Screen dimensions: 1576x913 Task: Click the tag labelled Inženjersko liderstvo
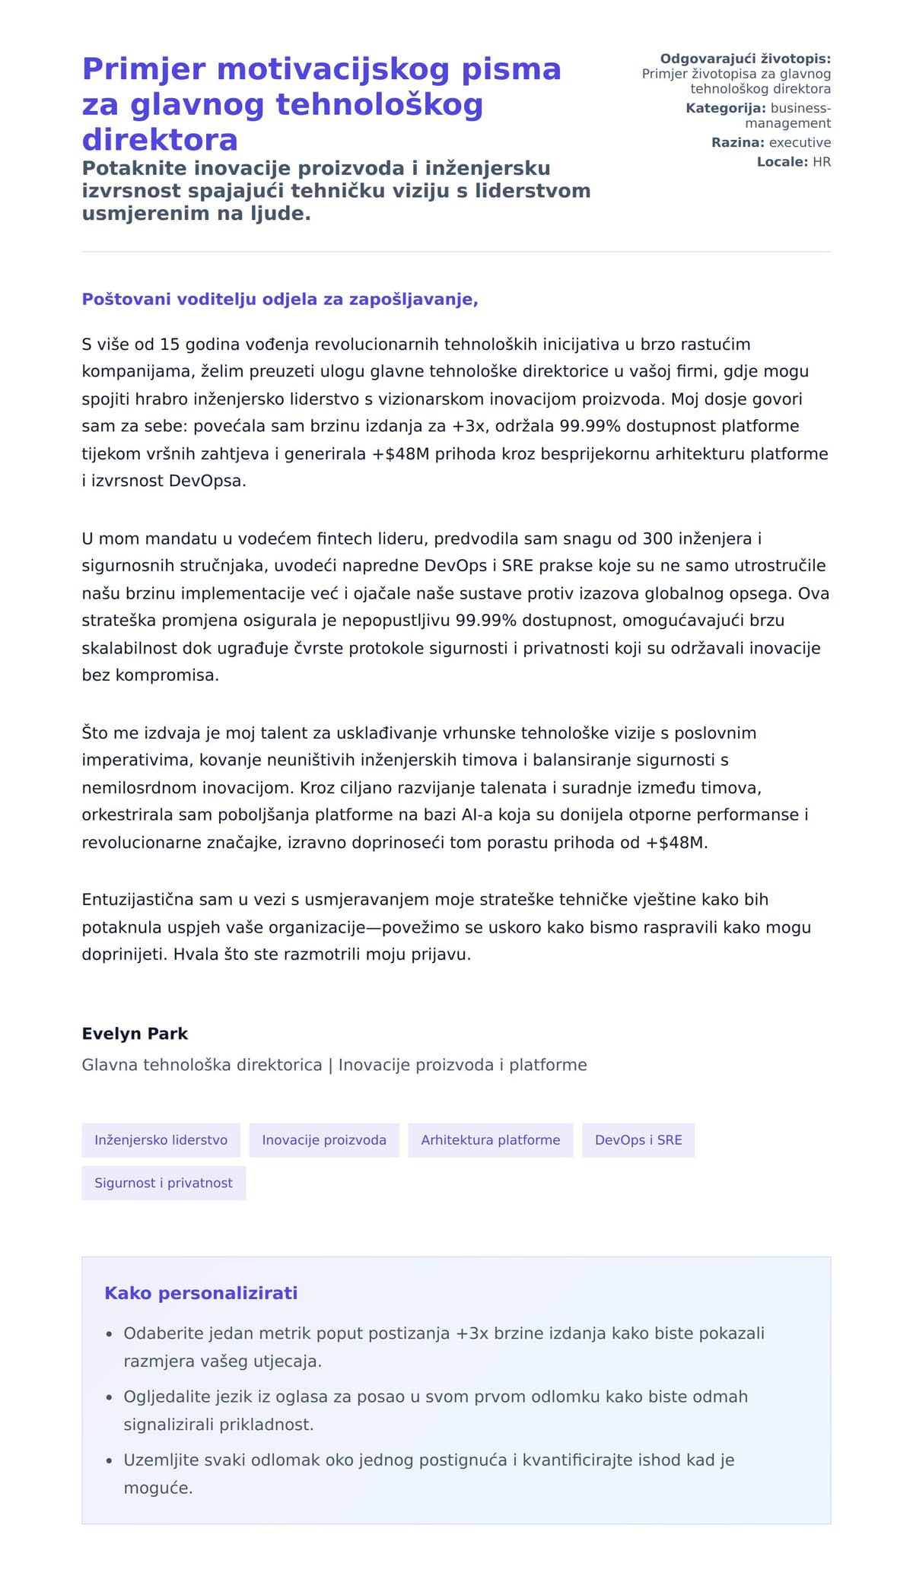161,1140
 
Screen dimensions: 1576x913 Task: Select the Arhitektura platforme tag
490,1140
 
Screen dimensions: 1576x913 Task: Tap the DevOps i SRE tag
638,1140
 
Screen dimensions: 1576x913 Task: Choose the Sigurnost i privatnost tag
164,1183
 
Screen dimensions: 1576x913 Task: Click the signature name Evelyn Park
135,1034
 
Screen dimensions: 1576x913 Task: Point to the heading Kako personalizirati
201,1293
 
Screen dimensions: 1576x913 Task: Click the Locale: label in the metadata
782,162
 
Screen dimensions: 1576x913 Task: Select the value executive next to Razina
800,143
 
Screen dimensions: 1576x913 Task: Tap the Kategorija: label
725,108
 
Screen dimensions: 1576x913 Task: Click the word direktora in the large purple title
160,140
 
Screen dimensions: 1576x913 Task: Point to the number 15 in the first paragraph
170,345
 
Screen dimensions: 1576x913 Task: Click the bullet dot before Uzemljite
110,1461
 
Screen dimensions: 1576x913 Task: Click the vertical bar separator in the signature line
330,1065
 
